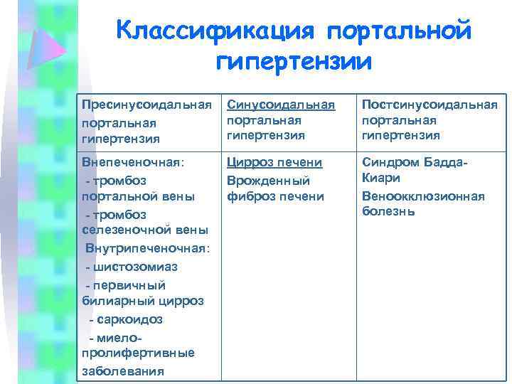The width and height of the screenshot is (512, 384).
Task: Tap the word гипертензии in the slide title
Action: pyautogui.click(x=293, y=61)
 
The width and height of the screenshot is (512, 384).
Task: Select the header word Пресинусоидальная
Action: pyautogui.click(x=146, y=105)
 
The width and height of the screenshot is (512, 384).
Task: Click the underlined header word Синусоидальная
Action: pyautogui.click(x=281, y=105)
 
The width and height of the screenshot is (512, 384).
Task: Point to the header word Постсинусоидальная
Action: pyautogui.click(x=429, y=105)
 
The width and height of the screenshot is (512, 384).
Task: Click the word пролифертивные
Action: pyautogui.click(x=138, y=353)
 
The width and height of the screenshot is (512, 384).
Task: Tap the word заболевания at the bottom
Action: pyautogui.click(x=122, y=370)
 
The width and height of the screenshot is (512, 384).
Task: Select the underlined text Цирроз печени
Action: pyautogui.click(x=274, y=162)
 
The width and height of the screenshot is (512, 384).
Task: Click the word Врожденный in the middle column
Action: pyautogui.click(x=268, y=180)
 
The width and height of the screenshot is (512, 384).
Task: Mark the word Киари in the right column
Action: pyautogui.click(x=381, y=178)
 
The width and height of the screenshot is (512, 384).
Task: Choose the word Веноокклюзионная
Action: pyautogui.click(x=423, y=196)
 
